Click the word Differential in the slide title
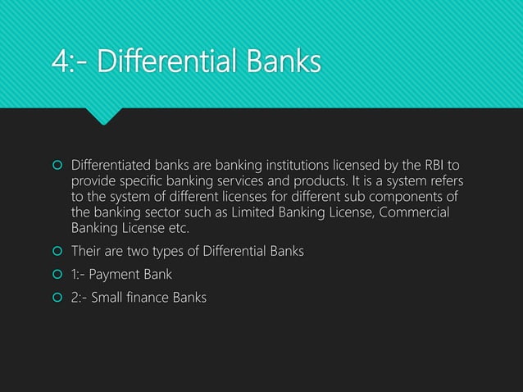[155, 62]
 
